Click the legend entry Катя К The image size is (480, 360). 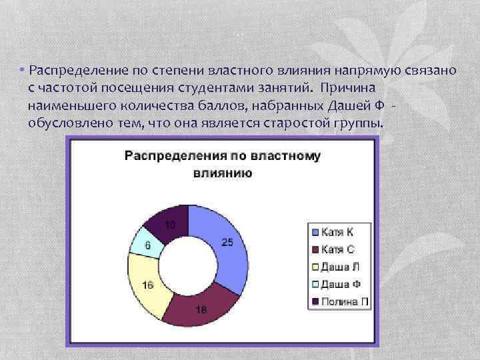[337, 232]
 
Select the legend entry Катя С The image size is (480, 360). [337, 249]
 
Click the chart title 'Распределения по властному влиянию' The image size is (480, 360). [222, 164]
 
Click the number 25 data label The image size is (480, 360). [227, 243]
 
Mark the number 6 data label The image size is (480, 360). [147, 245]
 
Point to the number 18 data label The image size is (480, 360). [201, 309]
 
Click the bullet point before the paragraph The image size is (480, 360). [22, 71]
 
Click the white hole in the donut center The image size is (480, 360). [189, 266]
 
